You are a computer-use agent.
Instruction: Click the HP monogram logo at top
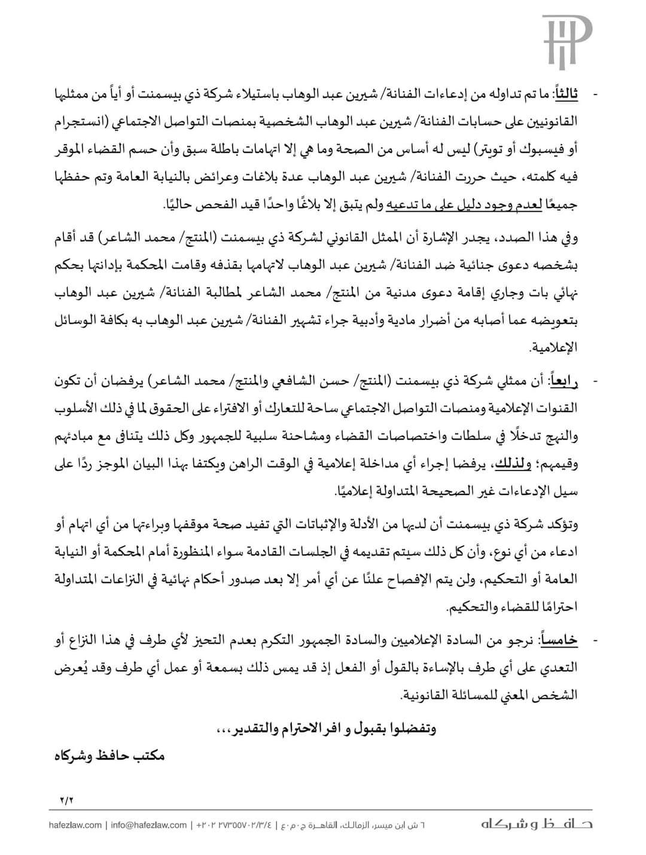point(566,41)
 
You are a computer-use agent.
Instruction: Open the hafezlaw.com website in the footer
point(75,825)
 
